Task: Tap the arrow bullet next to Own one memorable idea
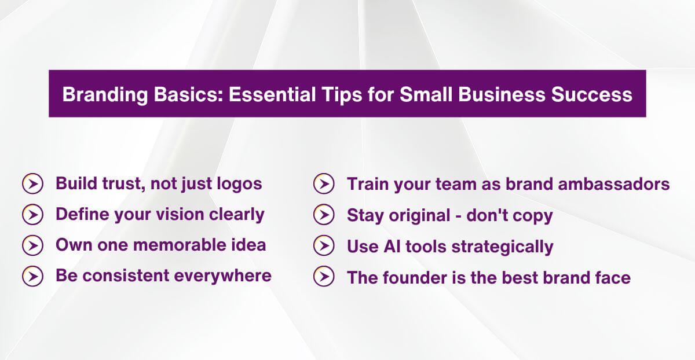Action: coord(32,245)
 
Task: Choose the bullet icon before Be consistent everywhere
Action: coord(32,276)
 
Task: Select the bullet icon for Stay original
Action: coord(324,215)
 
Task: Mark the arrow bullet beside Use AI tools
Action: coord(324,246)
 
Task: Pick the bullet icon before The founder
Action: coord(324,277)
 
